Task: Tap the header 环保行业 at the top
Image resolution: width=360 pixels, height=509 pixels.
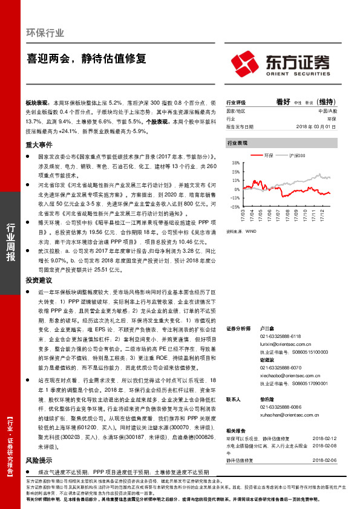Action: click(45, 33)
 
